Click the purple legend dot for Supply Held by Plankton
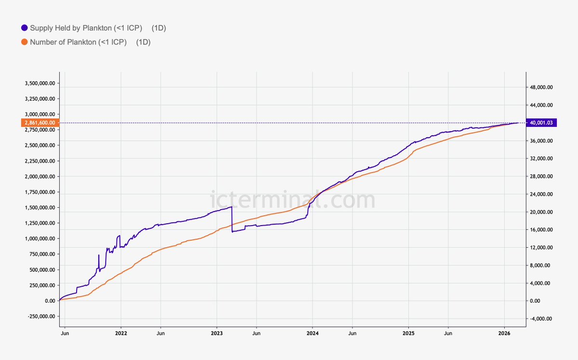click(x=25, y=28)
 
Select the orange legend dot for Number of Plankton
click(x=25, y=42)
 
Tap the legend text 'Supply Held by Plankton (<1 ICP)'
click(x=86, y=28)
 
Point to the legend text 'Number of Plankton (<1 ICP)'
click(x=78, y=42)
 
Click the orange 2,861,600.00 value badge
click(x=41, y=123)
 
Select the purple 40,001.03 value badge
click(x=543, y=123)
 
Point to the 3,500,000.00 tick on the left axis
click(x=40, y=83)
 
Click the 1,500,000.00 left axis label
click(x=40, y=208)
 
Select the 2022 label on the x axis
click(x=121, y=333)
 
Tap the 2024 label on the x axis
click(x=312, y=333)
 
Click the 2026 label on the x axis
click(x=504, y=333)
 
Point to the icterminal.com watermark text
click(x=293, y=200)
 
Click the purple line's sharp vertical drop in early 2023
click(x=232, y=219)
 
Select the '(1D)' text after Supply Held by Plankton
click(x=159, y=28)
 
